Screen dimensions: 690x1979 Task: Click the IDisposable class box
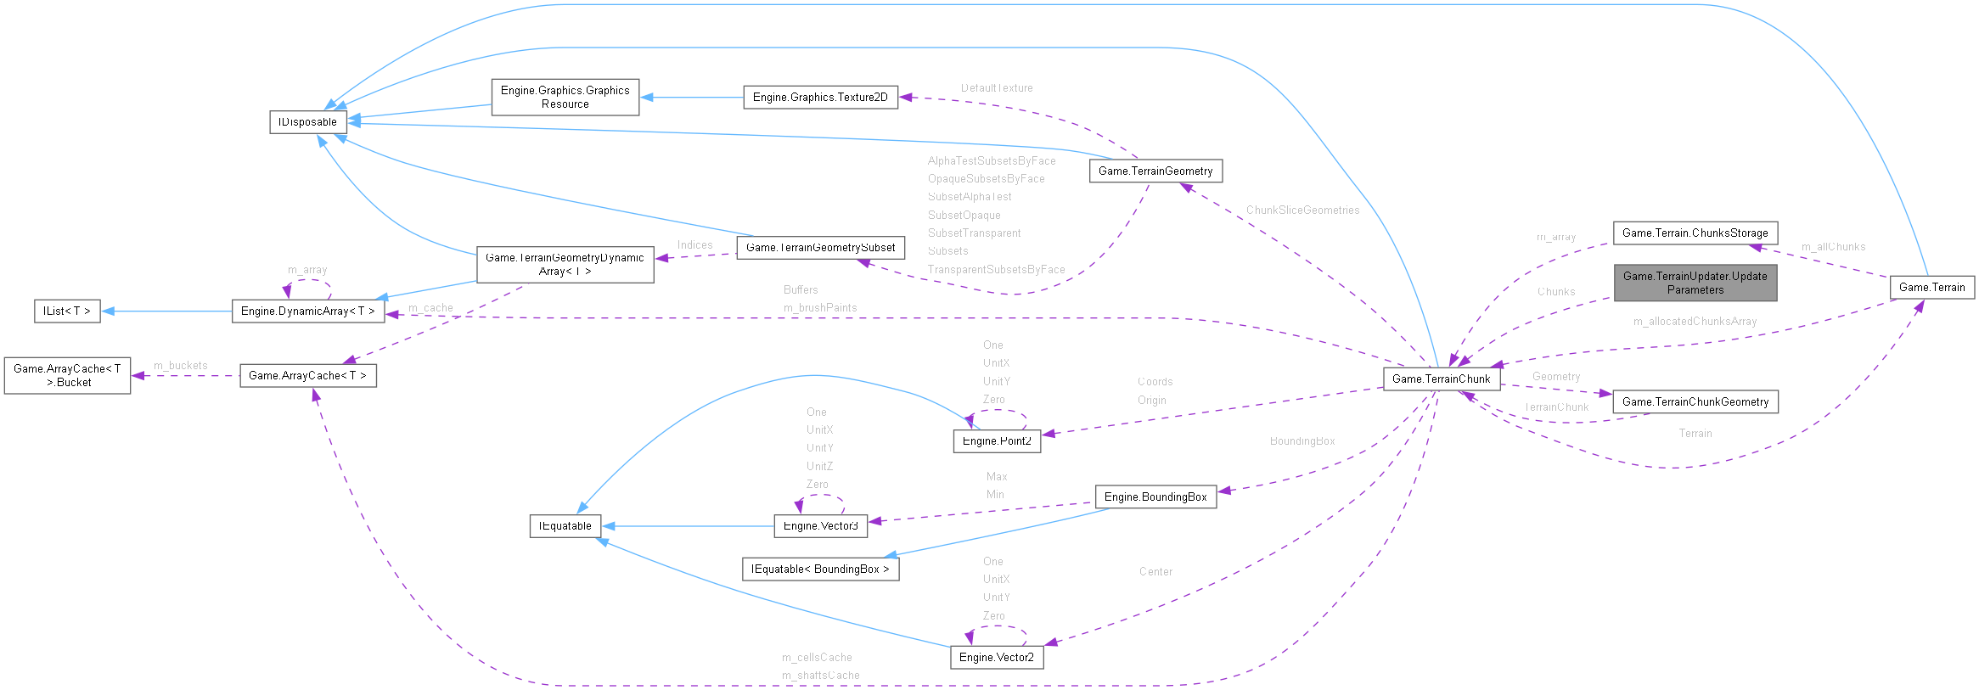[307, 122]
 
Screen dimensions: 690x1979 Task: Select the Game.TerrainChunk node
[1441, 379]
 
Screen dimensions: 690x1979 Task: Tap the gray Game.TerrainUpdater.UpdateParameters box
[1695, 283]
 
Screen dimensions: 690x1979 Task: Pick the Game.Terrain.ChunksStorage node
[1695, 233]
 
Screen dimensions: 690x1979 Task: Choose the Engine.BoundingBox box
[1155, 496]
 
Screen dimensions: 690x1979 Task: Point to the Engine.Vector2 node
[996, 657]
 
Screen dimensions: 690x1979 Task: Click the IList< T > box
[67, 311]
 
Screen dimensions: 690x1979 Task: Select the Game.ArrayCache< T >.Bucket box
[68, 375]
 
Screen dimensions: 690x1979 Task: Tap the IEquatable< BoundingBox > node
[820, 569]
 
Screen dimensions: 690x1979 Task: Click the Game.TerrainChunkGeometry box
[1695, 401]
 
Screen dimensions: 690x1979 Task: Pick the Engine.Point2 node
[996, 441]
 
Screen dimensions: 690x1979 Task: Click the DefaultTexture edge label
[997, 87]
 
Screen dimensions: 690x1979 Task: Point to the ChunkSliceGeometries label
[1302, 210]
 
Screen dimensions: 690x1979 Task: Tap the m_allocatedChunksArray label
[1695, 321]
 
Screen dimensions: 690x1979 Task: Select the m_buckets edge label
[180, 365]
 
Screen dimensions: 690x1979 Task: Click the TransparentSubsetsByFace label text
[996, 269]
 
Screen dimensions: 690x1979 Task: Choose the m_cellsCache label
[817, 657]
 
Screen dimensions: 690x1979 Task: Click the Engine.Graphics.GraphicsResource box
[565, 98]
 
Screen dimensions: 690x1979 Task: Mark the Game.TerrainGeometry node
[1155, 171]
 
